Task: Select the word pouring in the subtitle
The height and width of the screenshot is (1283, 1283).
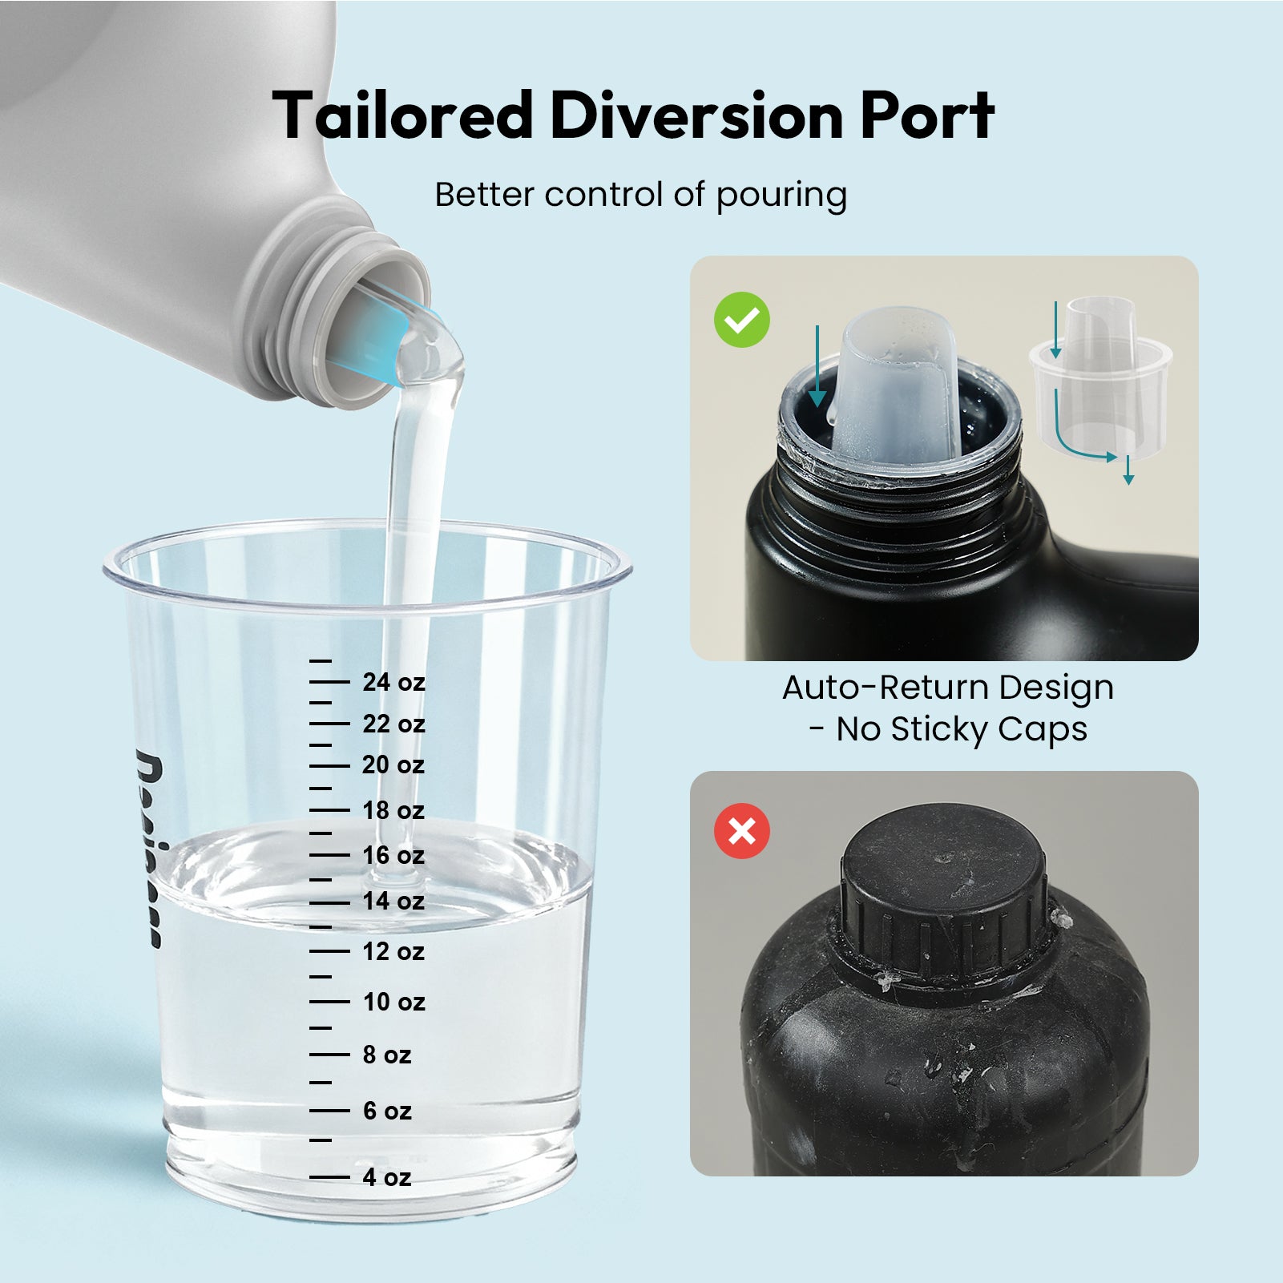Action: click(x=781, y=196)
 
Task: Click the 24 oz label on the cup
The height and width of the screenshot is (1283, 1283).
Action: click(x=393, y=682)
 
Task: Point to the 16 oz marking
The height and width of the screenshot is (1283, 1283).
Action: click(x=393, y=855)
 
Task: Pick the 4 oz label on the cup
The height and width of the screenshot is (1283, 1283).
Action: click(x=386, y=1177)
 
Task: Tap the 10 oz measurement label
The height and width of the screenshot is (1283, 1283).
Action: click(x=393, y=1002)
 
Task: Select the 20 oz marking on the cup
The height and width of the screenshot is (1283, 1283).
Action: click(x=393, y=765)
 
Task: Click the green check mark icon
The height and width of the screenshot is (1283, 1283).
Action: click(x=742, y=320)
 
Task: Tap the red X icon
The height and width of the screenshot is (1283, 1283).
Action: click(x=742, y=831)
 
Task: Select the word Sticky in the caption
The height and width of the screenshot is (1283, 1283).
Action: click(x=938, y=729)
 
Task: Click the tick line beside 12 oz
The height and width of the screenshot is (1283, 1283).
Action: click(x=329, y=951)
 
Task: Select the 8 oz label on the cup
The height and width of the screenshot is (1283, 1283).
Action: click(x=386, y=1055)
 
